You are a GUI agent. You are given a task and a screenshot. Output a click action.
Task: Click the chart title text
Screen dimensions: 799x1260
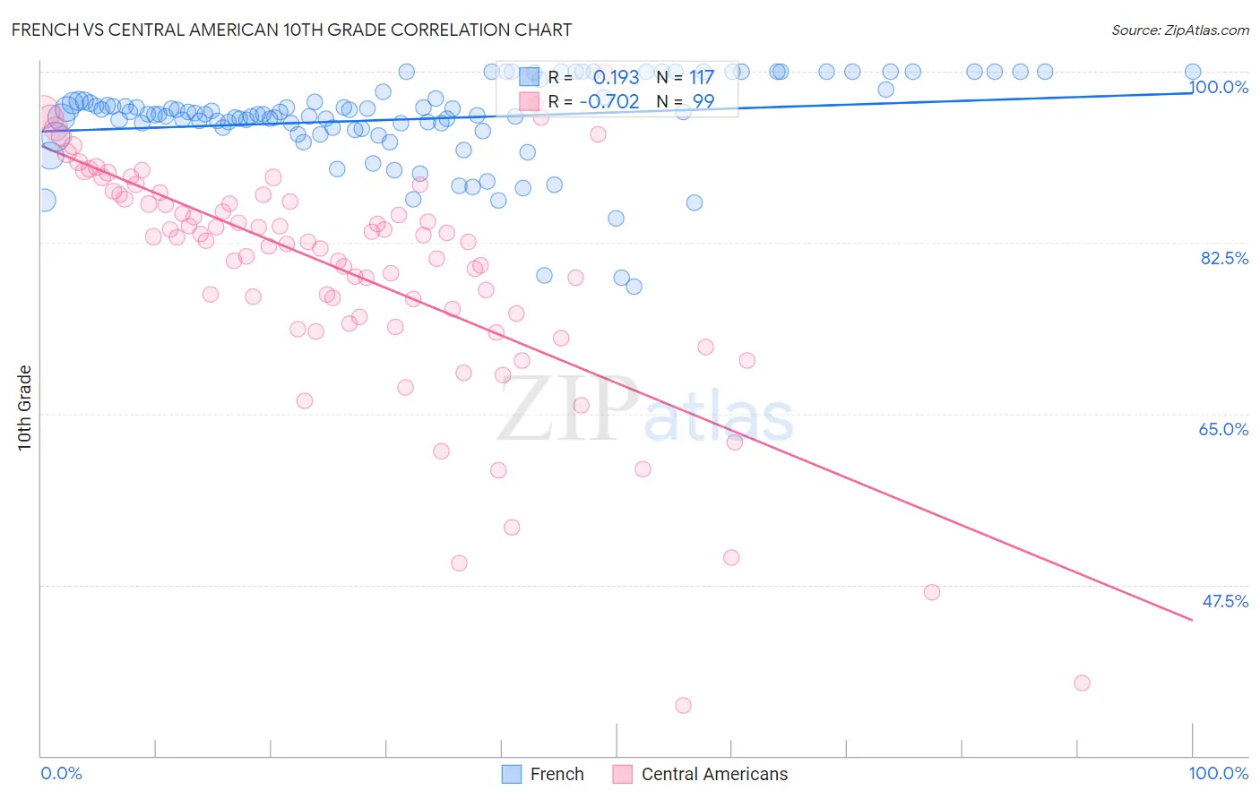pyautogui.click(x=291, y=30)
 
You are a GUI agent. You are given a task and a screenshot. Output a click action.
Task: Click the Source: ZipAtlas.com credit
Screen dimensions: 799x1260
pyautogui.click(x=1179, y=30)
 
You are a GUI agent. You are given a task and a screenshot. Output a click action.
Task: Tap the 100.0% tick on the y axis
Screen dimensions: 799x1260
pyautogui.click(x=1219, y=87)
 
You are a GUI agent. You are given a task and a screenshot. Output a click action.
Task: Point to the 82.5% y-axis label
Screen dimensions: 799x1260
pyautogui.click(x=1224, y=258)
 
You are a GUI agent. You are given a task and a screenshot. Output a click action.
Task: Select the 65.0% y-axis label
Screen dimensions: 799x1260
pyautogui.click(x=1223, y=429)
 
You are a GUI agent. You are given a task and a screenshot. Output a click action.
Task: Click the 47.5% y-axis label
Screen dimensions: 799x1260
pyautogui.click(x=1224, y=601)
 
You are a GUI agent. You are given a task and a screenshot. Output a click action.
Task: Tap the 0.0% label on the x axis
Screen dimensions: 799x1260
pyautogui.click(x=61, y=773)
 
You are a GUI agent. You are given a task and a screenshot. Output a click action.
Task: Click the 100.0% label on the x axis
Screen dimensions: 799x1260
pyautogui.click(x=1218, y=773)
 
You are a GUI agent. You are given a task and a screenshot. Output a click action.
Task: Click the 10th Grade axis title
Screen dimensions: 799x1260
pyautogui.click(x=25, y=408)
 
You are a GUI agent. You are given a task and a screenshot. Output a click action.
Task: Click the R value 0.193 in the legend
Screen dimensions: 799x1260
pyautogui.click(x=616, y=78)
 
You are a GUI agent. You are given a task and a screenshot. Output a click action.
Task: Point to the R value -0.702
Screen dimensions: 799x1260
pyautogui.click(x=608, y=102)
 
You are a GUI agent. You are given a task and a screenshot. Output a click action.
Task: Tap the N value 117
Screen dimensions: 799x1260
pyautogui.click(x=701, y=78)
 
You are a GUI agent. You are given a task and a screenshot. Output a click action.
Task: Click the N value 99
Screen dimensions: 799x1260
pyautogui.click(x=703, y=102)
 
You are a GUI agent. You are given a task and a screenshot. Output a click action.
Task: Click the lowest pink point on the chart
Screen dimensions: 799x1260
pyautogui.click(x=683, y=705)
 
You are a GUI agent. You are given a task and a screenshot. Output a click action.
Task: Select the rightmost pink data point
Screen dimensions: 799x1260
pyautogui.click(x=1082, y=683)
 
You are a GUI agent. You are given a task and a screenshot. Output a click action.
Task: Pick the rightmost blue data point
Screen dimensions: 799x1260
pyautogui.click(x=1193, y=72)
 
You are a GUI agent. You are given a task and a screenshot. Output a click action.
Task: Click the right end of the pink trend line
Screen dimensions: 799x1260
pyautogui.click(x=1192, y=620)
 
